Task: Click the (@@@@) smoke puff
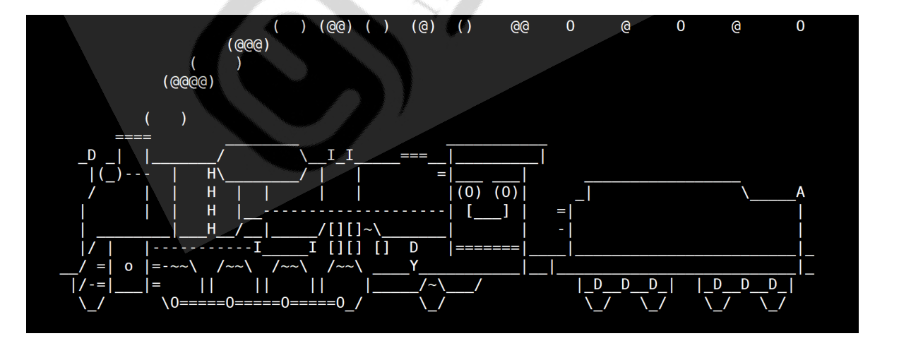coord(188,83)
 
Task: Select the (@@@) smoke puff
coord(248,46)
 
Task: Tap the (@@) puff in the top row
coord(335,27)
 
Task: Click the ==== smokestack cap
coord(133,136)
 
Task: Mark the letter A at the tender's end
coord(799,192)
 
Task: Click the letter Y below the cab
coord(414,266)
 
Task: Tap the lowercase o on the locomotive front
coord(129,267)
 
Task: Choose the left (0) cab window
coord(469,192)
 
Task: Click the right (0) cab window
coord(506,192)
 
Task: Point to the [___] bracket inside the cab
coord(487,211)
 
